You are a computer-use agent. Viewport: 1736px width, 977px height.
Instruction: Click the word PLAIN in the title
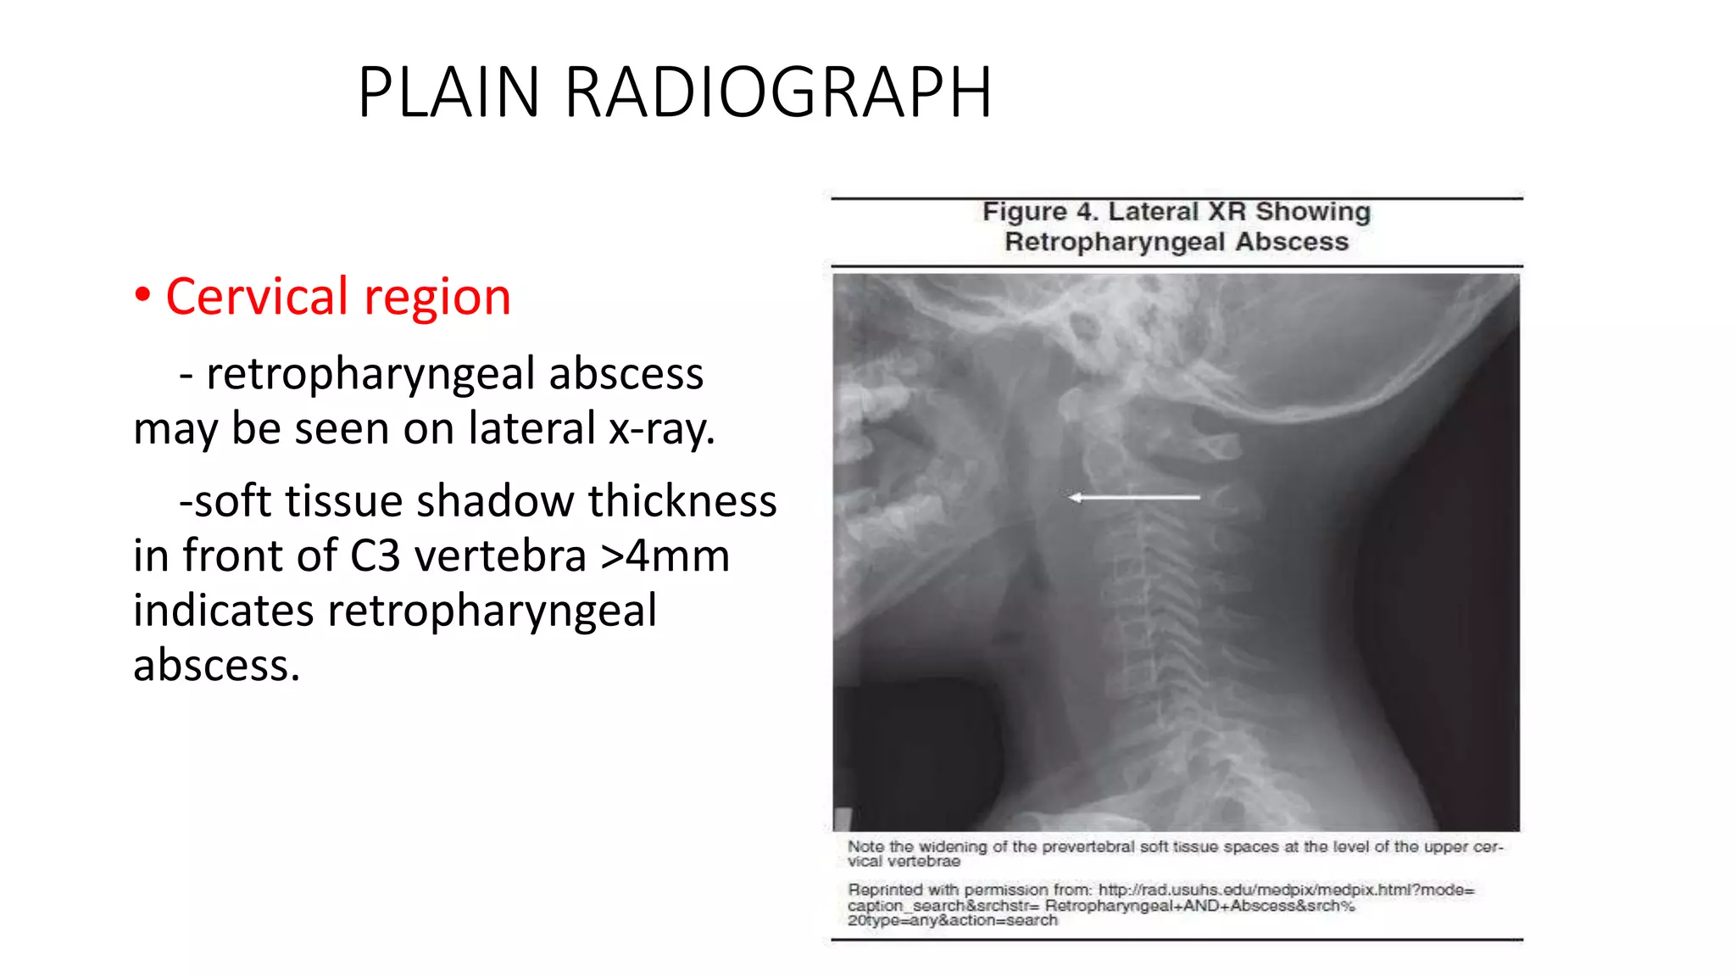[448, 92]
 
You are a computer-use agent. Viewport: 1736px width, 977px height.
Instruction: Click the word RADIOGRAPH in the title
[778, 92]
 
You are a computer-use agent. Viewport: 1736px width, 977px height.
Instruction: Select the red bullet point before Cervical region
[142, 295]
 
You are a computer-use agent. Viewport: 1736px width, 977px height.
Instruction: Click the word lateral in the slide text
[531, 428]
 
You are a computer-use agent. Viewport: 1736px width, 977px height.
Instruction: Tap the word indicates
[223, 611]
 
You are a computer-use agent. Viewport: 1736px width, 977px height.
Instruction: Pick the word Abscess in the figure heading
[1291, 242]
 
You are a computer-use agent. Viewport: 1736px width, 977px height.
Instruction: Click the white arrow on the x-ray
[1134, 497]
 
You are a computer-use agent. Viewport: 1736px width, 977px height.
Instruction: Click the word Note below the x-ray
[865, 846]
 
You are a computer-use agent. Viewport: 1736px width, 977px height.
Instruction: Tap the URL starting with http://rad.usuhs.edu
[1286, 890]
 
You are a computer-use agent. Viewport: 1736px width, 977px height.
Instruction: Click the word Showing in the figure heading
[1312, 211]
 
